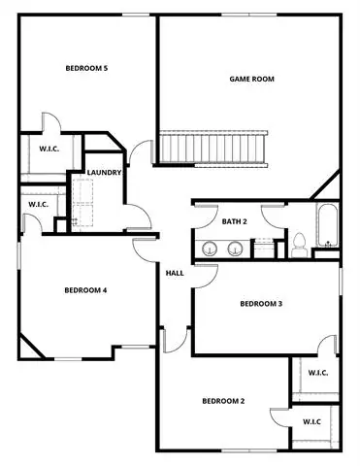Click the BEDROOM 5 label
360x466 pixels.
[x=86, y=68]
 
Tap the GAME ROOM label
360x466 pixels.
[x=251, y=79]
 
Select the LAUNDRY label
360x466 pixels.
[x=104, y=173]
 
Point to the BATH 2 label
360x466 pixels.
[x=235, y=221]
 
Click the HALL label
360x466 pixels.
[x=175, y=273]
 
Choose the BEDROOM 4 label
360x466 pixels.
[x=85, y=290]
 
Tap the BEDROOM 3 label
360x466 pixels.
[x=261, y=304]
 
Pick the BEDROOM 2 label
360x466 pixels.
[x=223, y=401]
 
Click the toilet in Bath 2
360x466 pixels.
[x=299, y=245]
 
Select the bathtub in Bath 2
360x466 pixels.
[x=327, y=225]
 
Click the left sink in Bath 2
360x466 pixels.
[x=210, y=249]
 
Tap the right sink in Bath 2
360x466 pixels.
[x=235, y=249]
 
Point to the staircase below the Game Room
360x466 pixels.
[x=213, y=149]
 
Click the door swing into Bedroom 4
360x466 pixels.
[x=145, y=250]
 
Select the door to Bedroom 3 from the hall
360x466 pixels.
[x=205, y=276]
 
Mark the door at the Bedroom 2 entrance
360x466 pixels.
[x=175, y=340]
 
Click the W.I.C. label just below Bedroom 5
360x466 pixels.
[x=49, y=149]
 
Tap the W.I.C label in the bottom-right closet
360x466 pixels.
[x=311, y=422]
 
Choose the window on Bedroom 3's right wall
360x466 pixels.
[x=341, y=279]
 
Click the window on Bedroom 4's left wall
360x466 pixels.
[x=19, y=255]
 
